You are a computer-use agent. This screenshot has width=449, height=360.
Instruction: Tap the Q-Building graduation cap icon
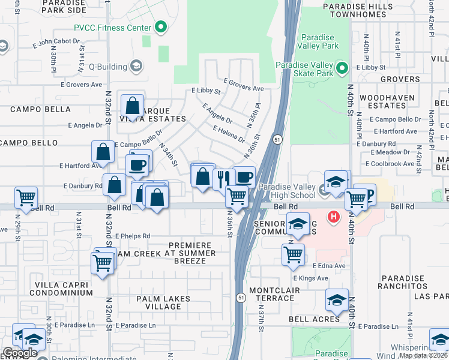coord(136,66)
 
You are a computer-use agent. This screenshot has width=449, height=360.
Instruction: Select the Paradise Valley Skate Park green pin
coord(342,68)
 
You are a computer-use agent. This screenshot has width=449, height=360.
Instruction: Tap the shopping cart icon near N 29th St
coord(26,196)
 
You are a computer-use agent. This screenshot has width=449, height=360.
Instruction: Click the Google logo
coord(20,353)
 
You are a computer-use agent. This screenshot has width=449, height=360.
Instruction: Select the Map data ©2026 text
coord(423,355)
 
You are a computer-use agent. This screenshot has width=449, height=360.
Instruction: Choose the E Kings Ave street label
coord(310,278)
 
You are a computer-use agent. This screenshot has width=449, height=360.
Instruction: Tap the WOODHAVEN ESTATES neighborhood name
coord(388,101)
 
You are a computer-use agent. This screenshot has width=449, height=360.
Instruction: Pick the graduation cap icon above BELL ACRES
coord(337,299)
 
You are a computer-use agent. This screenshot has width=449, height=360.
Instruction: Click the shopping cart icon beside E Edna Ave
coord(293,253)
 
